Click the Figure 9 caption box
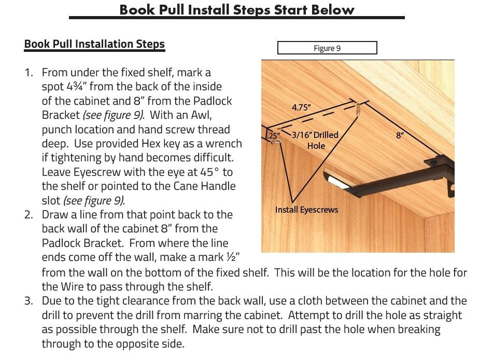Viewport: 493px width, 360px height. click(327, 48)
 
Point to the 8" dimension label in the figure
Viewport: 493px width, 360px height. click(400, 135)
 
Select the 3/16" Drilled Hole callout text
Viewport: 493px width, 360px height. click(315, 140)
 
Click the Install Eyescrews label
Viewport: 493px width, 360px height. click(306, 210)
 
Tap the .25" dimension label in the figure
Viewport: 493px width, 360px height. click(273, 135)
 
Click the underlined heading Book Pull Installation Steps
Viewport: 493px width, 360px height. click(94, 44)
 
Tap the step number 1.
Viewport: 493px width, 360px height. click(29, 73)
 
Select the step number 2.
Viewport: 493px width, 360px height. click(29, 215)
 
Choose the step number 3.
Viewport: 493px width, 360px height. click(29, 301)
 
